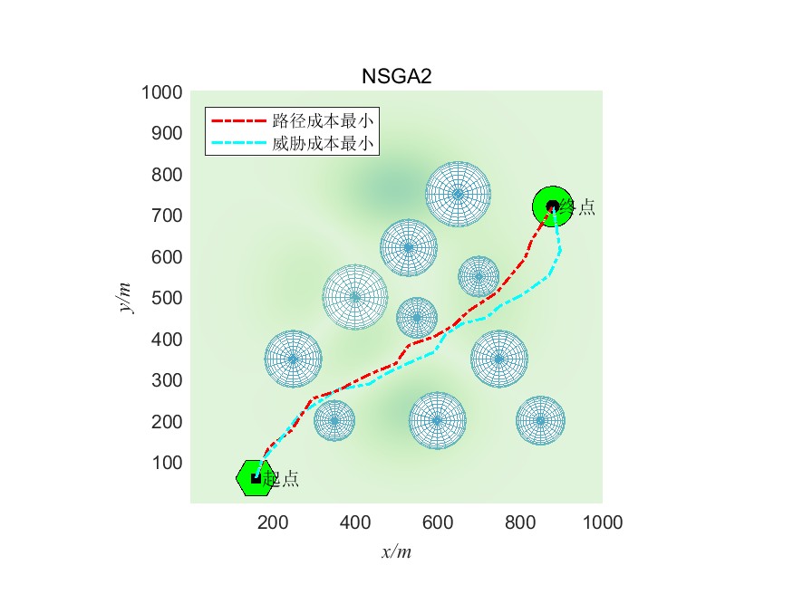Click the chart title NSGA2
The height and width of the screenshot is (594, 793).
tap(396, 77)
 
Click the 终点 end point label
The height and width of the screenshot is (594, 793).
tap(577, 207)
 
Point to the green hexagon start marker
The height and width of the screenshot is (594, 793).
tap(254, 478)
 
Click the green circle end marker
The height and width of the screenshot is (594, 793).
tap(551, 206)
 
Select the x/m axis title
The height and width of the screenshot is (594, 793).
tap(396, 551)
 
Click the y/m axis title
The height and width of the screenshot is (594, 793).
tap(126, 297)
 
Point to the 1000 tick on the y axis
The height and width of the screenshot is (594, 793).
tap(162, 92)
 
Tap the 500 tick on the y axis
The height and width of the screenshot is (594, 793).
tap(167, 298)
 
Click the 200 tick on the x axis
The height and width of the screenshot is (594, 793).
tap(273, 522)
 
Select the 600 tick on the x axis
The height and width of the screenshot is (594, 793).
tap(438, 522)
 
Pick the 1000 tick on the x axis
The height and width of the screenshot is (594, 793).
tap(603, 522)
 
